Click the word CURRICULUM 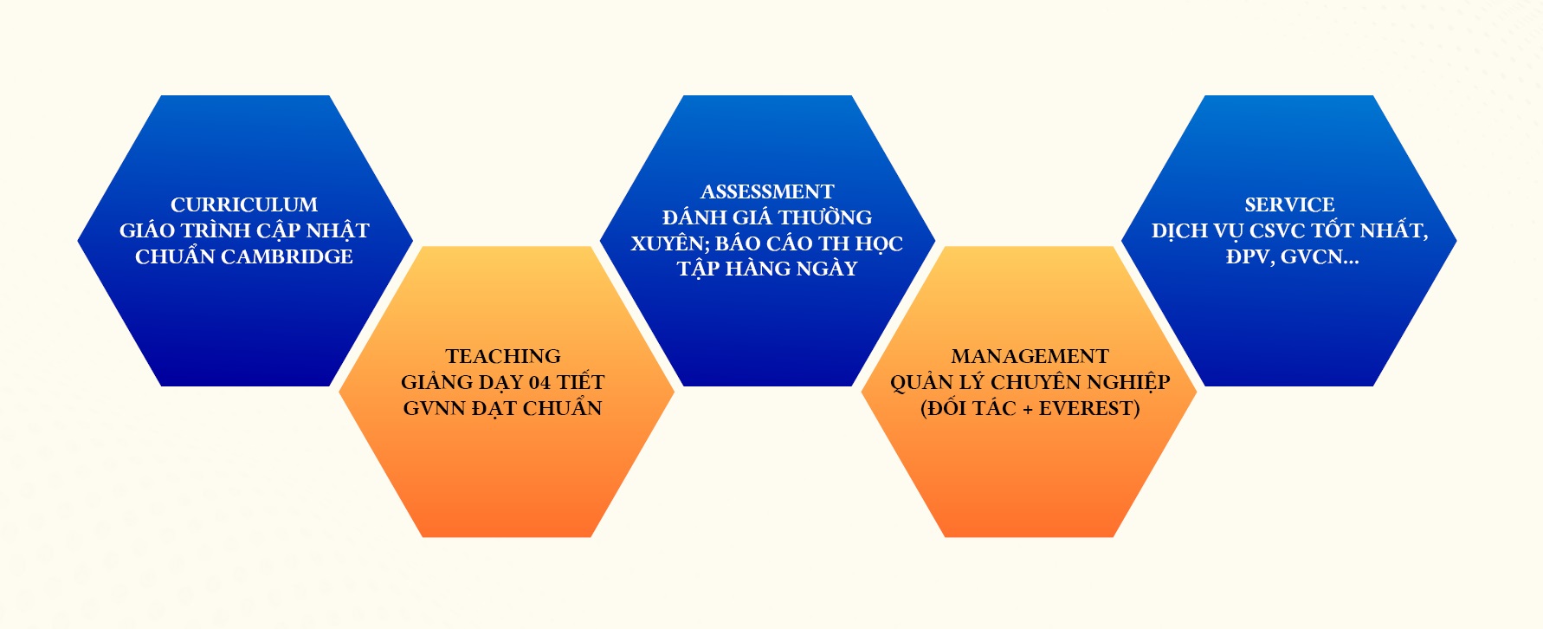coord(244,204)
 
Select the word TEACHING coord(503,356)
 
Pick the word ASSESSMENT coord(767,191)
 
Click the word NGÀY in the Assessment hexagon coord(828,269)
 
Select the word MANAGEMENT coord(1030,356)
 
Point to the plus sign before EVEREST coord(1028,408)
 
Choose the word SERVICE coord(1289,204)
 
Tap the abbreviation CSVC coord(1277,230)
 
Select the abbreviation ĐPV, coord(1248,256)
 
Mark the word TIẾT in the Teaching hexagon coord(580,382)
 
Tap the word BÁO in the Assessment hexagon coord(738,243)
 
